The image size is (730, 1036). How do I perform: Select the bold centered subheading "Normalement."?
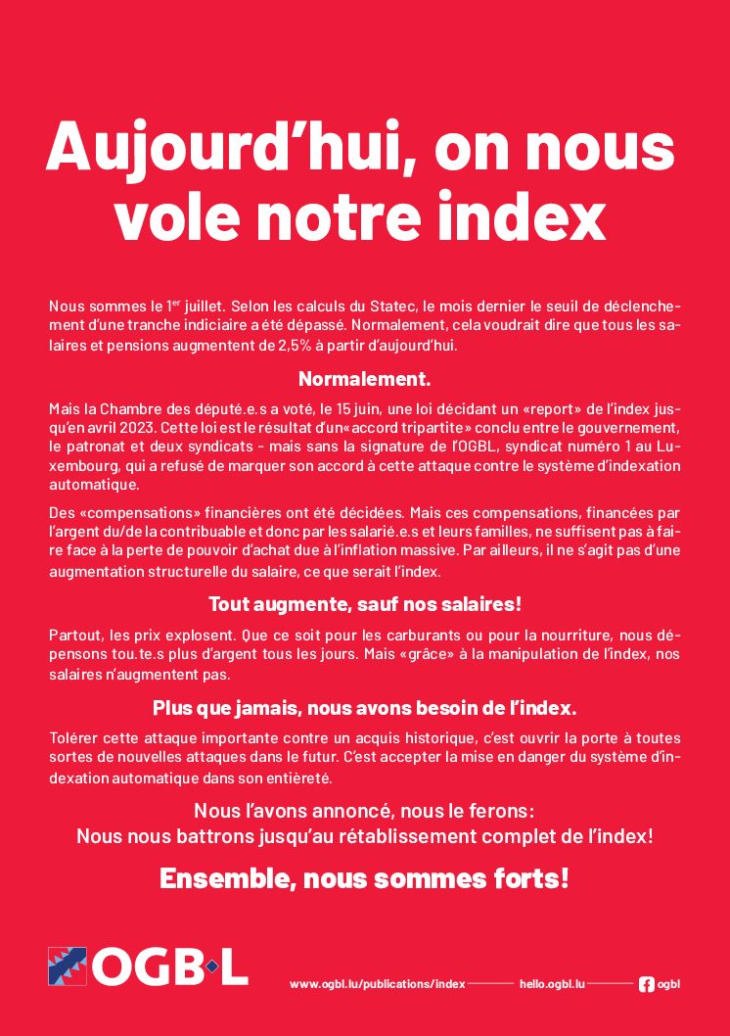point(364,379)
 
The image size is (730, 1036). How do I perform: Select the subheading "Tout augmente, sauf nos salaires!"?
point(364,604)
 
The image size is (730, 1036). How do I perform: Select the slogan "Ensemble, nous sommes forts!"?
point(364,878)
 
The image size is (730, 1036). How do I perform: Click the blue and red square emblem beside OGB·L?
point(68,966)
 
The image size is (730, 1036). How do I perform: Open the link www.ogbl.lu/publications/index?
point(378,983)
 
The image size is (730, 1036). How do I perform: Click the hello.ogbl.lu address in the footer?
point(552,983)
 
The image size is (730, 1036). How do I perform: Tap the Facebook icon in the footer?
point(646,983)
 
